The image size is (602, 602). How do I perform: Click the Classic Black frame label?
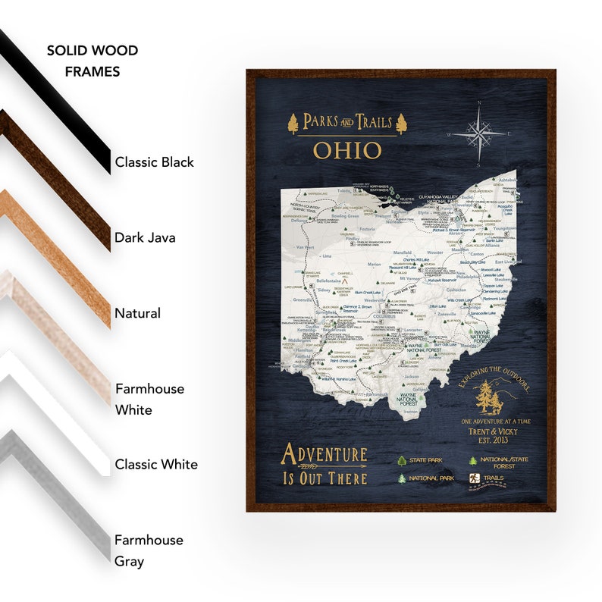click(x=154, y=162)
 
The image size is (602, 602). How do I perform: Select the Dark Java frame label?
click(x=145, y=237)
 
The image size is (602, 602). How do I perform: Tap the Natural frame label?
click(x=137, y=313)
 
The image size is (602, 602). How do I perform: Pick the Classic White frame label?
click(x=156, y=464)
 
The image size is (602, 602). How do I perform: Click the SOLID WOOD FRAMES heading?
click(x=92, y=61)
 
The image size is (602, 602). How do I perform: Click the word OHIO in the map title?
click(x=347, y=150)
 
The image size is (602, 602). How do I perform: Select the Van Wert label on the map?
click(x=304, y=247)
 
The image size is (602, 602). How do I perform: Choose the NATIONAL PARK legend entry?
click(x=430, y=478)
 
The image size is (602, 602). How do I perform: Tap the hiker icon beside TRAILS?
click(x=472, y=478)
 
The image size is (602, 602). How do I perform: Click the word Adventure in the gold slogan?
click(x=324, y=455)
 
